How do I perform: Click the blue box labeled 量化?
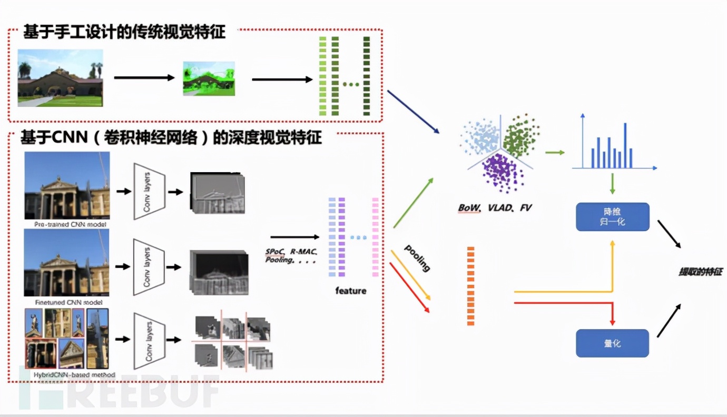pyautogui.click(x=612, y=343)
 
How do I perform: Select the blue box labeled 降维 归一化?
pyautogui.click(x=612, y=216)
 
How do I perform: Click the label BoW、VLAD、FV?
pyautogui.click(x=495, y=208)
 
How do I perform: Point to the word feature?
pyautogui.click(x=350, y=291)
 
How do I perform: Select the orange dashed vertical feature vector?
pyautogui.click(x=470, y=285)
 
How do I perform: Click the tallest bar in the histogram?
pyautogui.click(x=625, y=145)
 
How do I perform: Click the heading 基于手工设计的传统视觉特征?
pyautogui.click(x=124, y=32)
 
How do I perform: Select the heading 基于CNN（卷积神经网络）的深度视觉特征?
pyautogui.click(x=171, y=138)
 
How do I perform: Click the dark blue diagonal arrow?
pyautogui.click(x=413, y=112)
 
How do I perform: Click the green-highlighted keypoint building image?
pyautogui.click(x=209, y=78)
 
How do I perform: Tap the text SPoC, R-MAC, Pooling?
pyautogui.click(x=290, y=256)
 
